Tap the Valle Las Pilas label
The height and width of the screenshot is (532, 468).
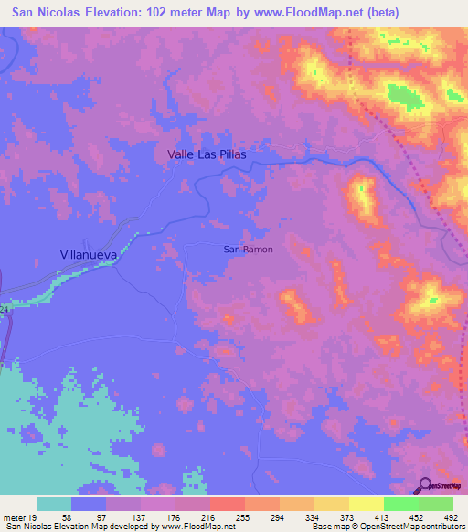(207, 154)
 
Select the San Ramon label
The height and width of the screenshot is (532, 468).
(248, 249)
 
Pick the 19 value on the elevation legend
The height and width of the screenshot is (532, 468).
(34, 516)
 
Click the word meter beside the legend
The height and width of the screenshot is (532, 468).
(14, 516)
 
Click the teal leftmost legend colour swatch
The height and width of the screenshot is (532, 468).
(54, 504)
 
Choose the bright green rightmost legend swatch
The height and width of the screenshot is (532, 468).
(436, 504)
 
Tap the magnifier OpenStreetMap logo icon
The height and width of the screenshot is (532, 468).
(423, 485)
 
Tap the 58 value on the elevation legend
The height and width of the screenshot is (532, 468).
(67, 516)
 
